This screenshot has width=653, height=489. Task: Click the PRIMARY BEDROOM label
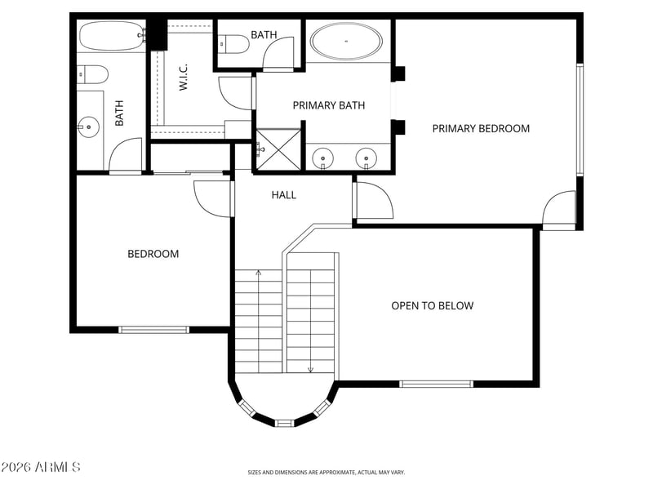pos(481,128)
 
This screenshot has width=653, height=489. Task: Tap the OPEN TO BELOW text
pos(433,306)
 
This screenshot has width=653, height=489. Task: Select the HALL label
pos(284,194)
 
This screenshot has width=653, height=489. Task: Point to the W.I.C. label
pos(183,77)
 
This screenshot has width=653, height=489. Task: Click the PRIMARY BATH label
pos(329,105)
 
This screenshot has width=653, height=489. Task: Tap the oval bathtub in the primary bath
pos(346,42)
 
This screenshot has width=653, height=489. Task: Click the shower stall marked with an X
pos(278,149)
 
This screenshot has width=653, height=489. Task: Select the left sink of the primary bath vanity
pos(322,158)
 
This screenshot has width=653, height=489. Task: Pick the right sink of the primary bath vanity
pos(366,158)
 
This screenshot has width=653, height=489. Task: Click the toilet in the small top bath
pos(233,44)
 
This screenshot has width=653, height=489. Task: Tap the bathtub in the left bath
pos(112,36)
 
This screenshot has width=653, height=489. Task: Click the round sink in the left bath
pos(88,127)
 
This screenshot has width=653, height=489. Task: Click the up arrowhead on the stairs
pos(259,273)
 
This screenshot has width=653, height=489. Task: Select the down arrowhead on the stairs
pos(310,369)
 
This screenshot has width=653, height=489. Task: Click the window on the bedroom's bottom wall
pos(154,330)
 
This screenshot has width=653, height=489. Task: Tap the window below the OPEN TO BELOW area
pos(437,384)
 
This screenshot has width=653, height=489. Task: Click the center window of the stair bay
pos(284,423)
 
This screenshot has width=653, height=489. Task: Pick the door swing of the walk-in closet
pos(233,94)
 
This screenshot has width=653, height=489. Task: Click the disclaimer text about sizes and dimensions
pos(326,473)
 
